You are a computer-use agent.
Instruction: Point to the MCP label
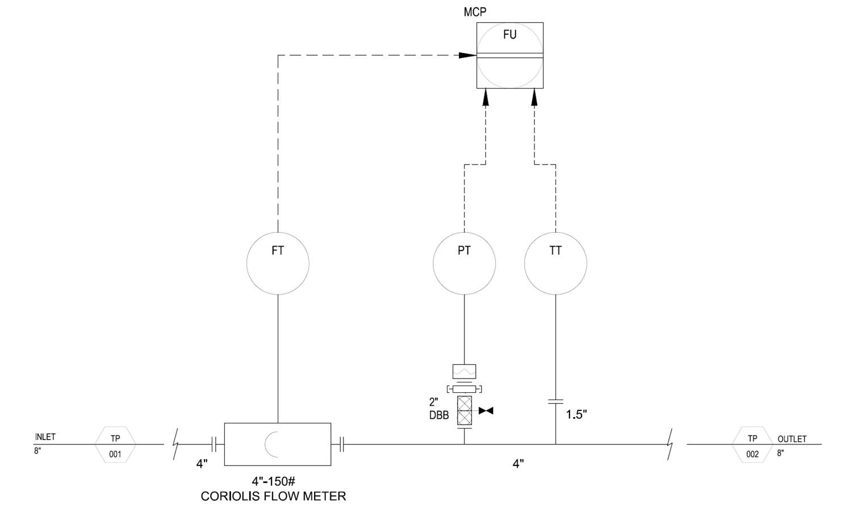click(475, 12)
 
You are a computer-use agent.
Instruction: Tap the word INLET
click(45, 437)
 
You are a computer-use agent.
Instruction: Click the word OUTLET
click(792, 439)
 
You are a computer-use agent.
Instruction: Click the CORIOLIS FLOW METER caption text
click(273, 496)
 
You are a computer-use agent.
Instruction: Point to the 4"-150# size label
click(274, 481)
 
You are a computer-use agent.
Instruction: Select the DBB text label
click(439, 416)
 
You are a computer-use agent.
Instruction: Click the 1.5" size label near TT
click(576, 414)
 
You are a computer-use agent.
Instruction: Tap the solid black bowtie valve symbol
click(486, 410)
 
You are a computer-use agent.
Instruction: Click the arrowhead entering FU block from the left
click(468, 56)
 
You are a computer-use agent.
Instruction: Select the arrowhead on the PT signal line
click(486, 97)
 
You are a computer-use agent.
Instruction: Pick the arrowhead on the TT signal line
click(534, 97)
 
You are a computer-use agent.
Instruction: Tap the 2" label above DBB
click(434, 402)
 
